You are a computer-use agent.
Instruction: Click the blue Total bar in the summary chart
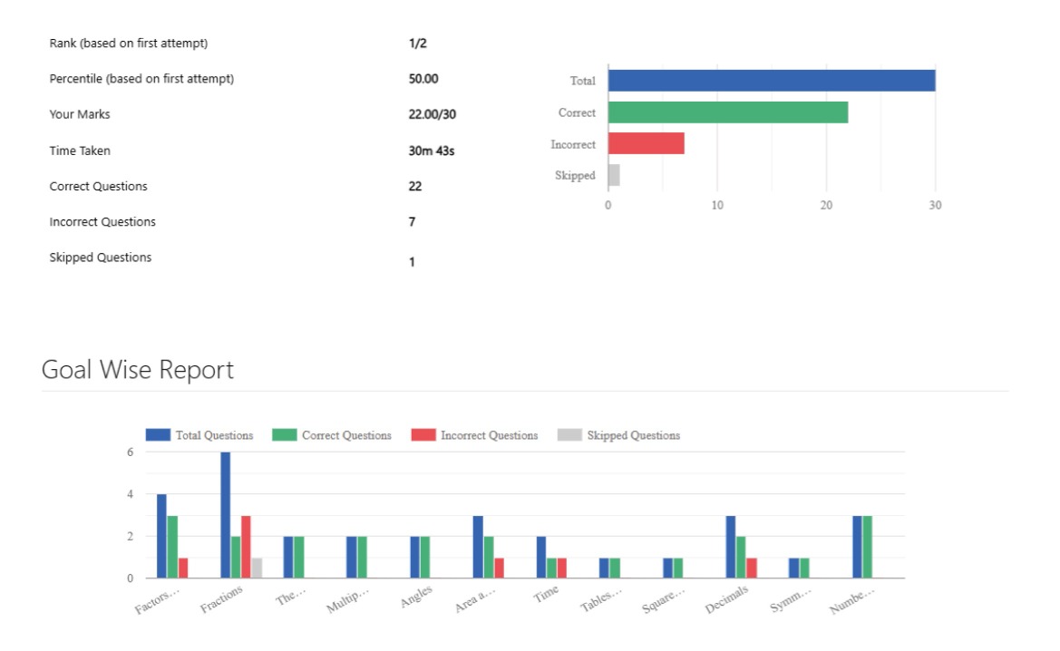point(771,81)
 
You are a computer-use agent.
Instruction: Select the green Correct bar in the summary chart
point(728,112)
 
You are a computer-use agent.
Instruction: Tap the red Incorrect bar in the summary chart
point(646,143)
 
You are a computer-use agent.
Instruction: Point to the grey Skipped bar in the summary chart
point(614,175)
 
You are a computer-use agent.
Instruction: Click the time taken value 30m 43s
point(432,151)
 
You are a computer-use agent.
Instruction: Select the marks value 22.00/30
point(439,114)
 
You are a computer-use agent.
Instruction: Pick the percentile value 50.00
point(423,79)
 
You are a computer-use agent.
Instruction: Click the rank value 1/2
point(417,43)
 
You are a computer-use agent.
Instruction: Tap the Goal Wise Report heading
point(138,370)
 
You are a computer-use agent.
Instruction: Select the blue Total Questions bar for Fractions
point(225,515)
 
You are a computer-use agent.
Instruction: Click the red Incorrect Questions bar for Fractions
point(246,547)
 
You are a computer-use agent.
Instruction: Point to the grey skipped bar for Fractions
point(257,568)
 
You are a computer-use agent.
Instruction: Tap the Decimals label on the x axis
point(727,599)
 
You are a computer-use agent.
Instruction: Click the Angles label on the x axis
point(416,597)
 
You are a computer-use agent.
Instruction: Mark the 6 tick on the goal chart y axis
point(130,452)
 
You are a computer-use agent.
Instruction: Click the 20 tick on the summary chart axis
point(826,205)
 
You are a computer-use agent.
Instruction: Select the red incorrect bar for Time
point(561,568)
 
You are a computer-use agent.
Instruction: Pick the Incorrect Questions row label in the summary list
point(102,222)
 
